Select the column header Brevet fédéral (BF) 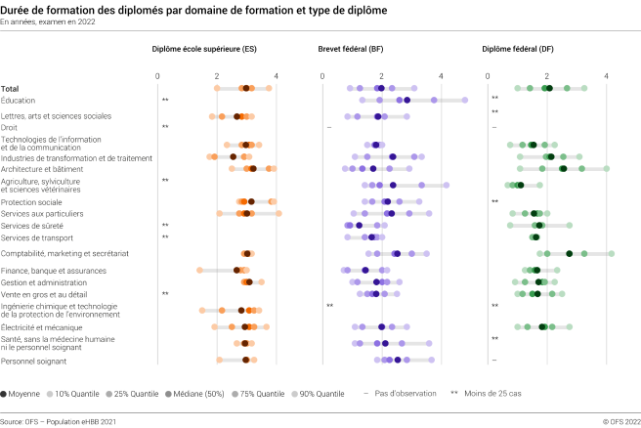(x=351, y=48)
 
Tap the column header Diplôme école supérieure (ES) (x=204, y=48)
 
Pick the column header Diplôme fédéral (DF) (x=518, y=48)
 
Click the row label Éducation (x=20, y=100)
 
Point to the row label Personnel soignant (x=34, y=361)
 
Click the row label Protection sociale (x=33, y=201)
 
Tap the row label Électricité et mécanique (x=42, y=327)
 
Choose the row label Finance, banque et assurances (x=54, y=270)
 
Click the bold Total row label (x=11, y=89)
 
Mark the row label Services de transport (x=37, y=236)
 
